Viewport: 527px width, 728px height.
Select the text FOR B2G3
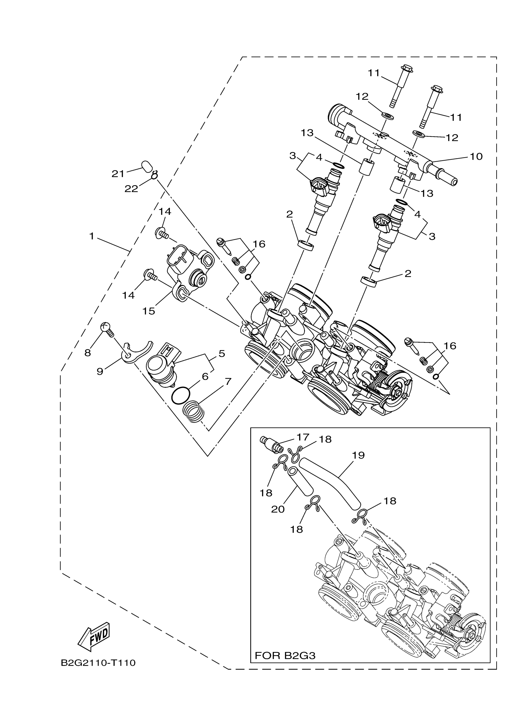click(285, 655)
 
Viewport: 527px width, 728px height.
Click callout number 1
click(92, 237)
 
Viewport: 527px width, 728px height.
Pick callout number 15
click(149, 311)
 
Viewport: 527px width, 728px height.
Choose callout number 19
click(358, 455)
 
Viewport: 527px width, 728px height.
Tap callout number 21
click(118, 174)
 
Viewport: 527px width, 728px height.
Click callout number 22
click(131, 189)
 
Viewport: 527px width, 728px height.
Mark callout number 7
click(228, 382)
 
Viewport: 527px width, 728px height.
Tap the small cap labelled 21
click(146, 167)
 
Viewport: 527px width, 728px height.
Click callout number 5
click(222, 354)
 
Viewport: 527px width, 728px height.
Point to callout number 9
click(100, 371)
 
